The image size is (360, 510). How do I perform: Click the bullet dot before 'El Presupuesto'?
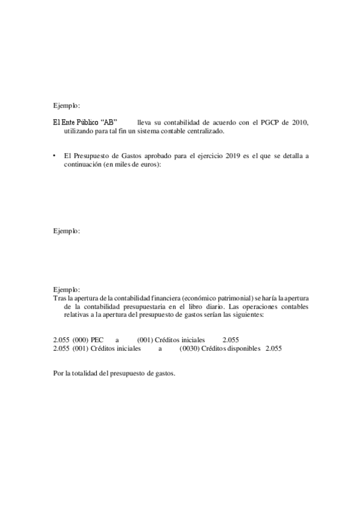click(55, 156)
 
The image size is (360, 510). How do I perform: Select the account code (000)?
click(81, 339)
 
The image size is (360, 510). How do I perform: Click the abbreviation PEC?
click(97, 339)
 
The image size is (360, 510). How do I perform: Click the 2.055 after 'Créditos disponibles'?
click(273, 348)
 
